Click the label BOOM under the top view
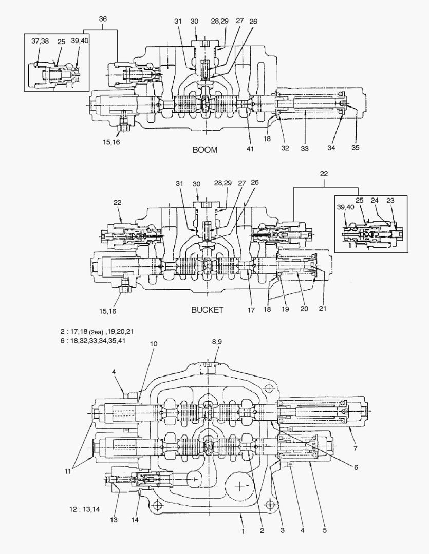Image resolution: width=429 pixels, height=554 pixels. tap(204, 150)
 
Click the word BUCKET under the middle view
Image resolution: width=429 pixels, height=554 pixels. tap(207, 310)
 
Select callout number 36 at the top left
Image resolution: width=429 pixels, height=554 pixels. tap(103, 19)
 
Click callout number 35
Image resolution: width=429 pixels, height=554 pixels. tap(355, 148)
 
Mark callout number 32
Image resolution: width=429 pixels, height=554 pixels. tap(285, 148)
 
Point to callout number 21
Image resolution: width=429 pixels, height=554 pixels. tap(323, 309)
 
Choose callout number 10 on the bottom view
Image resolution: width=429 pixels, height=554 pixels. tap(154, 343)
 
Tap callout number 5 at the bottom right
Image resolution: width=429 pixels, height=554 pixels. tap(325, 530)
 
